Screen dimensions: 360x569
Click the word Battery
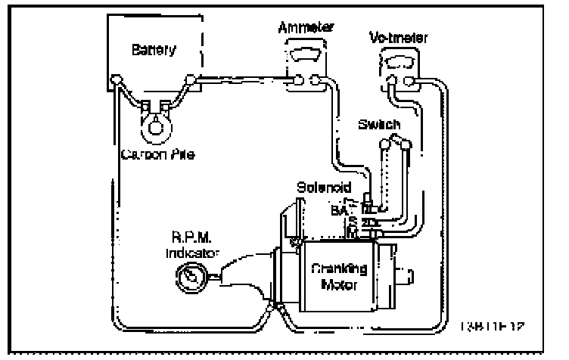click(x=154, y=51)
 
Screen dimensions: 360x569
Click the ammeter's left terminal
click(x=300, y=79)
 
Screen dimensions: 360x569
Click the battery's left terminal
click(x=116, y=79)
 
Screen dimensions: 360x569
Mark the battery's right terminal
click(x=192, y=78)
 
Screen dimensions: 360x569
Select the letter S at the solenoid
click(x=353, y=222)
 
